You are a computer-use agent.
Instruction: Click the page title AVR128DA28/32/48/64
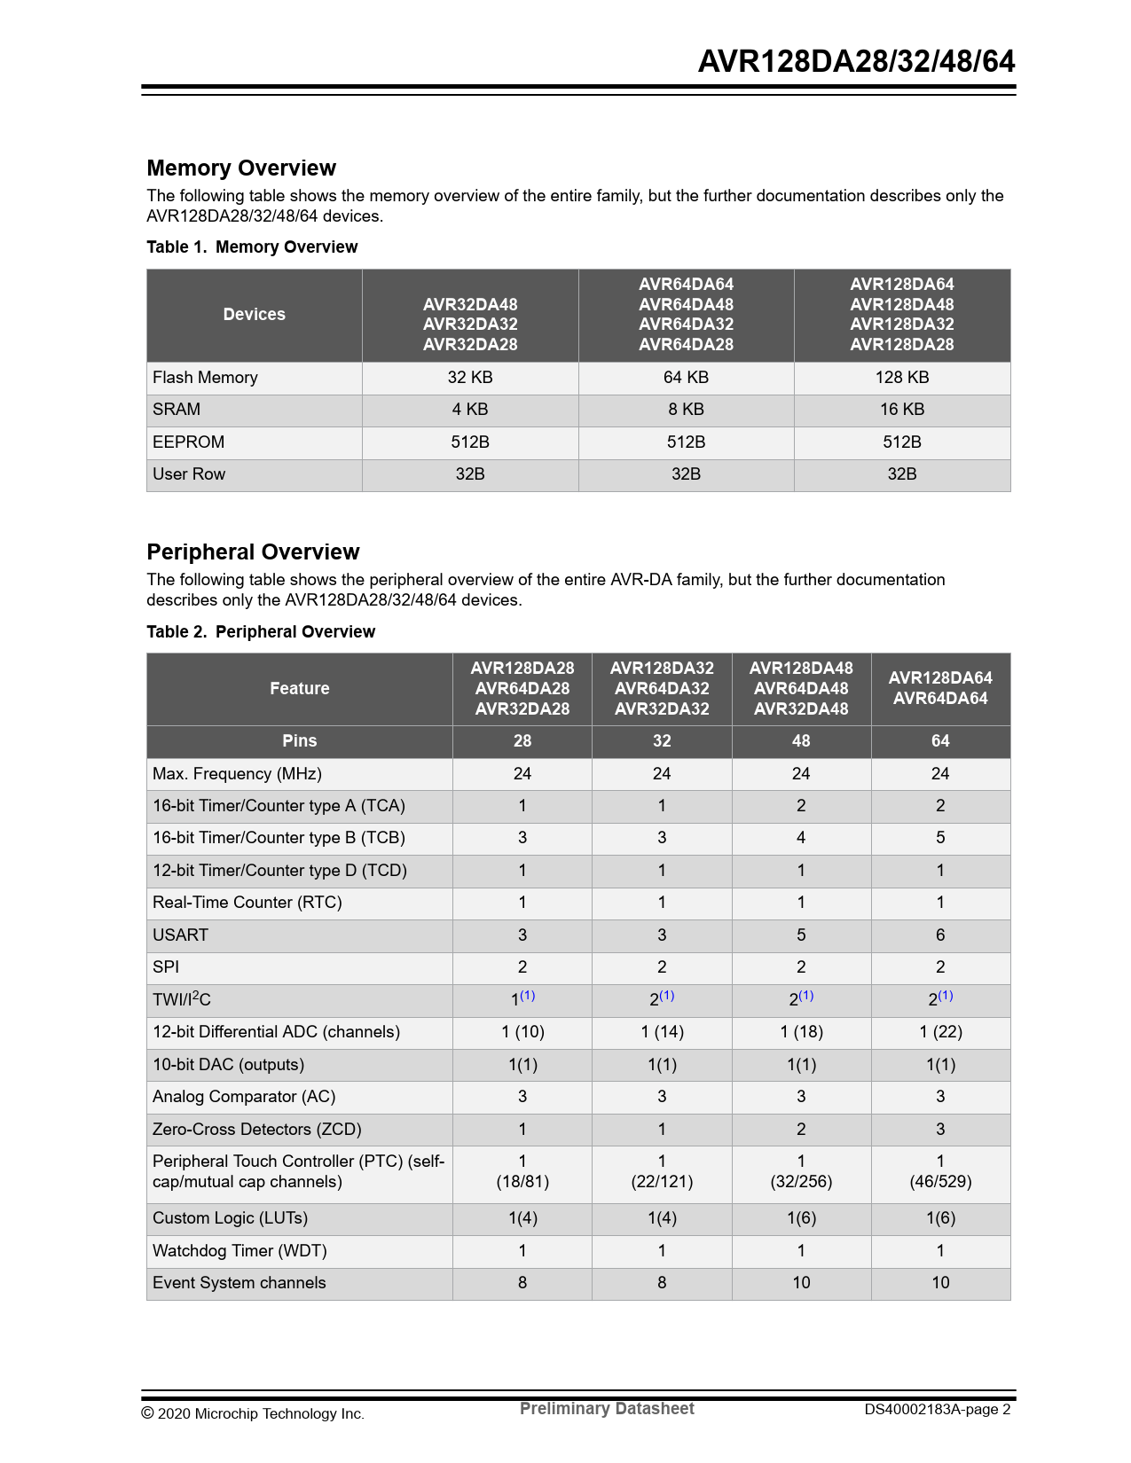click(x=856, y=61)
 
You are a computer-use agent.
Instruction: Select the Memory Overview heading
click(x=241, y=168)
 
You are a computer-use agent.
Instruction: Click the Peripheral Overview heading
click(x=253, y=552)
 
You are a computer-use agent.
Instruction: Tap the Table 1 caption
click(x=252, y=247)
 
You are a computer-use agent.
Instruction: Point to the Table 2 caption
click(x=261, y=632)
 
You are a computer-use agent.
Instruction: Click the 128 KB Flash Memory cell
click(x=901, y=378)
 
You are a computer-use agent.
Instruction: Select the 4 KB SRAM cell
click(x=469, y=410)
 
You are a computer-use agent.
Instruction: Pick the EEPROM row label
click(x=188, y=442)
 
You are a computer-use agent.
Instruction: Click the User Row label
click(x=189, y=474)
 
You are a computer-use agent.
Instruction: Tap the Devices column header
click(x=254, y=315)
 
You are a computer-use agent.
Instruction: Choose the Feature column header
click(x=299, y=689)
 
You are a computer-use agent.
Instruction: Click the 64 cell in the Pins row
click(x=939, y=741)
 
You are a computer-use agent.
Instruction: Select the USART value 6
click(x=939, y=935)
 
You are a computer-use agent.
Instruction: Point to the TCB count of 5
click(x=939, y=838)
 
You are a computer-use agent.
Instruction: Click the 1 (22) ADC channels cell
click(x=939, y=1032)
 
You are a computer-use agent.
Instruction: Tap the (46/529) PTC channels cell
click(x=939, y=1182)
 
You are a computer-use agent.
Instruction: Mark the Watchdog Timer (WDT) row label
click(x=240, y=1251)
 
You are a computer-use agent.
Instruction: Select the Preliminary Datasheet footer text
click(x=607, y=1409)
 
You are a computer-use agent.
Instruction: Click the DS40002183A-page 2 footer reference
click(x=937, y=1410)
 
